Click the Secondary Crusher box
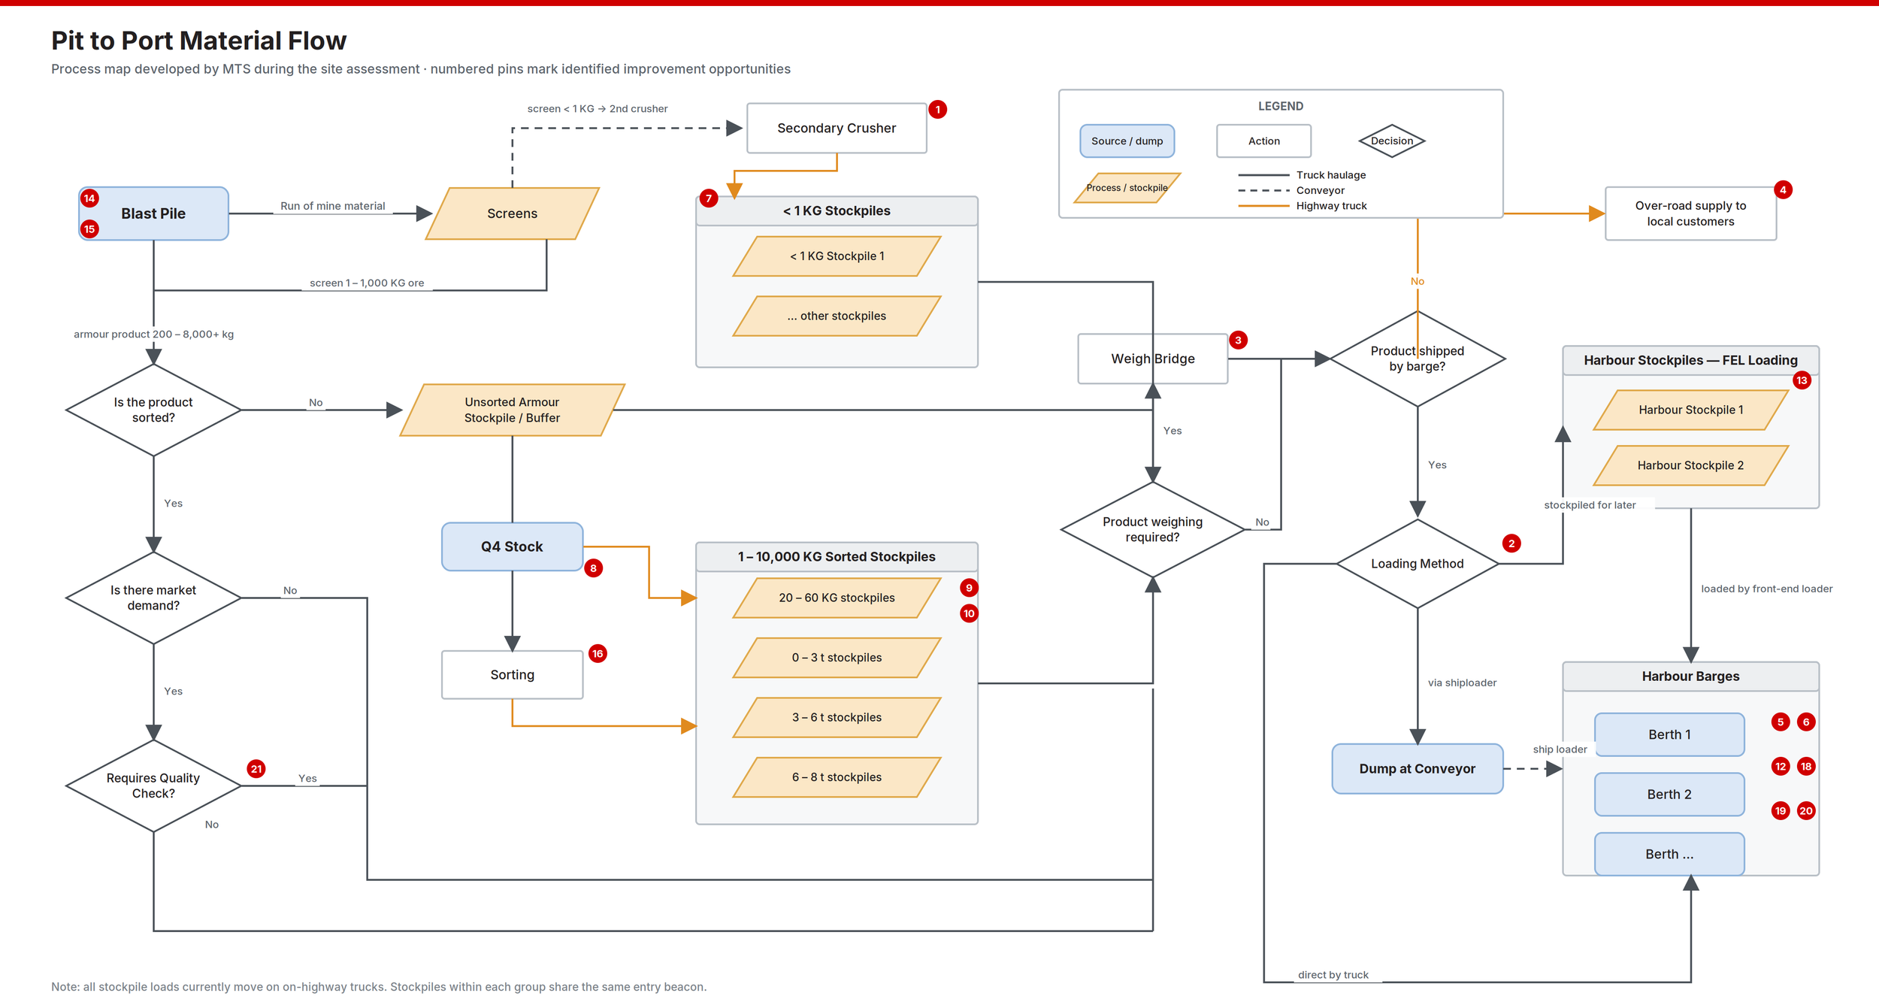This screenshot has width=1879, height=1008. (837, 128)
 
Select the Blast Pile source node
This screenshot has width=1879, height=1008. (153, 213)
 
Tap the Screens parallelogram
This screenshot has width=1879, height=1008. (512, 213)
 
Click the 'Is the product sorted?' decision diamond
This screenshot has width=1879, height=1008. (153, 410)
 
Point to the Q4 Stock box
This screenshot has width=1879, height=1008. (512, 546)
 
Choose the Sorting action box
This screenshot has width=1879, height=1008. (512, 674)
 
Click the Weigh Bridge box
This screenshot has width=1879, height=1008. (1153, 359)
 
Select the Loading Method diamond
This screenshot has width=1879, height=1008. (1418, 563)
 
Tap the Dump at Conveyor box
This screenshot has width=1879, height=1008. (1418, 768)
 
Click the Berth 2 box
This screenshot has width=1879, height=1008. (1669, 794)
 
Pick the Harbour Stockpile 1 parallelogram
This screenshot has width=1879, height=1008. (1691, 410)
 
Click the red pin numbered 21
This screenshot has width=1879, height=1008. (256, 768)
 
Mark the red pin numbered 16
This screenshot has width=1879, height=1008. (598, 653)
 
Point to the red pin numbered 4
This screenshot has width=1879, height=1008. (1783, 189)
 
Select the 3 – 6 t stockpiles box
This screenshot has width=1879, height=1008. (837, 717)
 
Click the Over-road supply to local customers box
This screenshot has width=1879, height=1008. (1690, 213)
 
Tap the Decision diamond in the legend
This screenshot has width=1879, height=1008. (1392, 141)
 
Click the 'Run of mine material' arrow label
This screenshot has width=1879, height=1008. (332, 206)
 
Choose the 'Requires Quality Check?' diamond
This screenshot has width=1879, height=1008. (153, 786)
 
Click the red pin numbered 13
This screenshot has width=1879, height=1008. (1802, 380)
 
